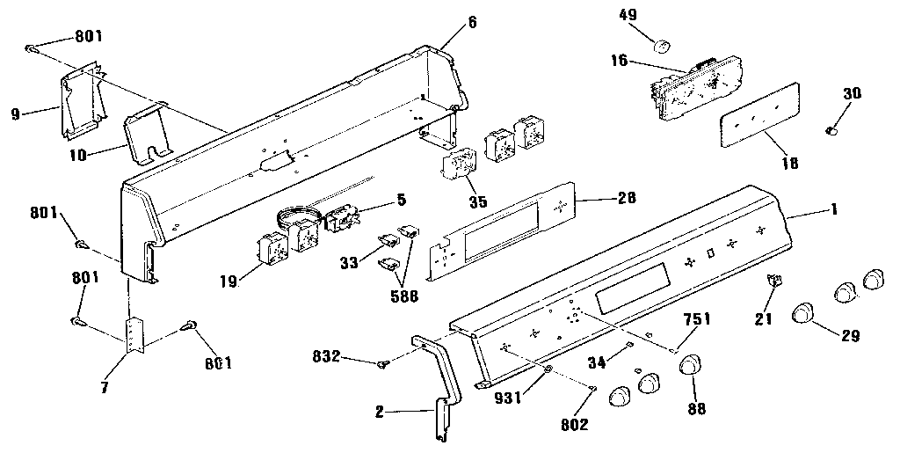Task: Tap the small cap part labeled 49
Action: [x=664, y=44]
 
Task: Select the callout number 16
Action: [x=620, y=60]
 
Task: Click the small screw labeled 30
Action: [x=830, y=130]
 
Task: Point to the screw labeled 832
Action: [x=384, y=362]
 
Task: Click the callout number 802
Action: [x=573, y=426]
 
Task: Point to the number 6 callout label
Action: [x=472, y=22]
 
